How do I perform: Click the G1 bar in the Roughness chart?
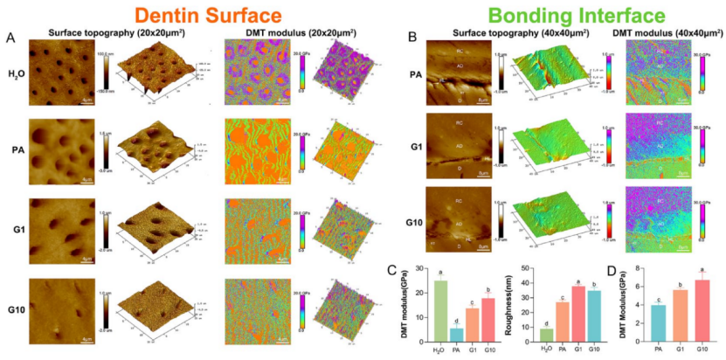pyautogui.click(x=577, y=314)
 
